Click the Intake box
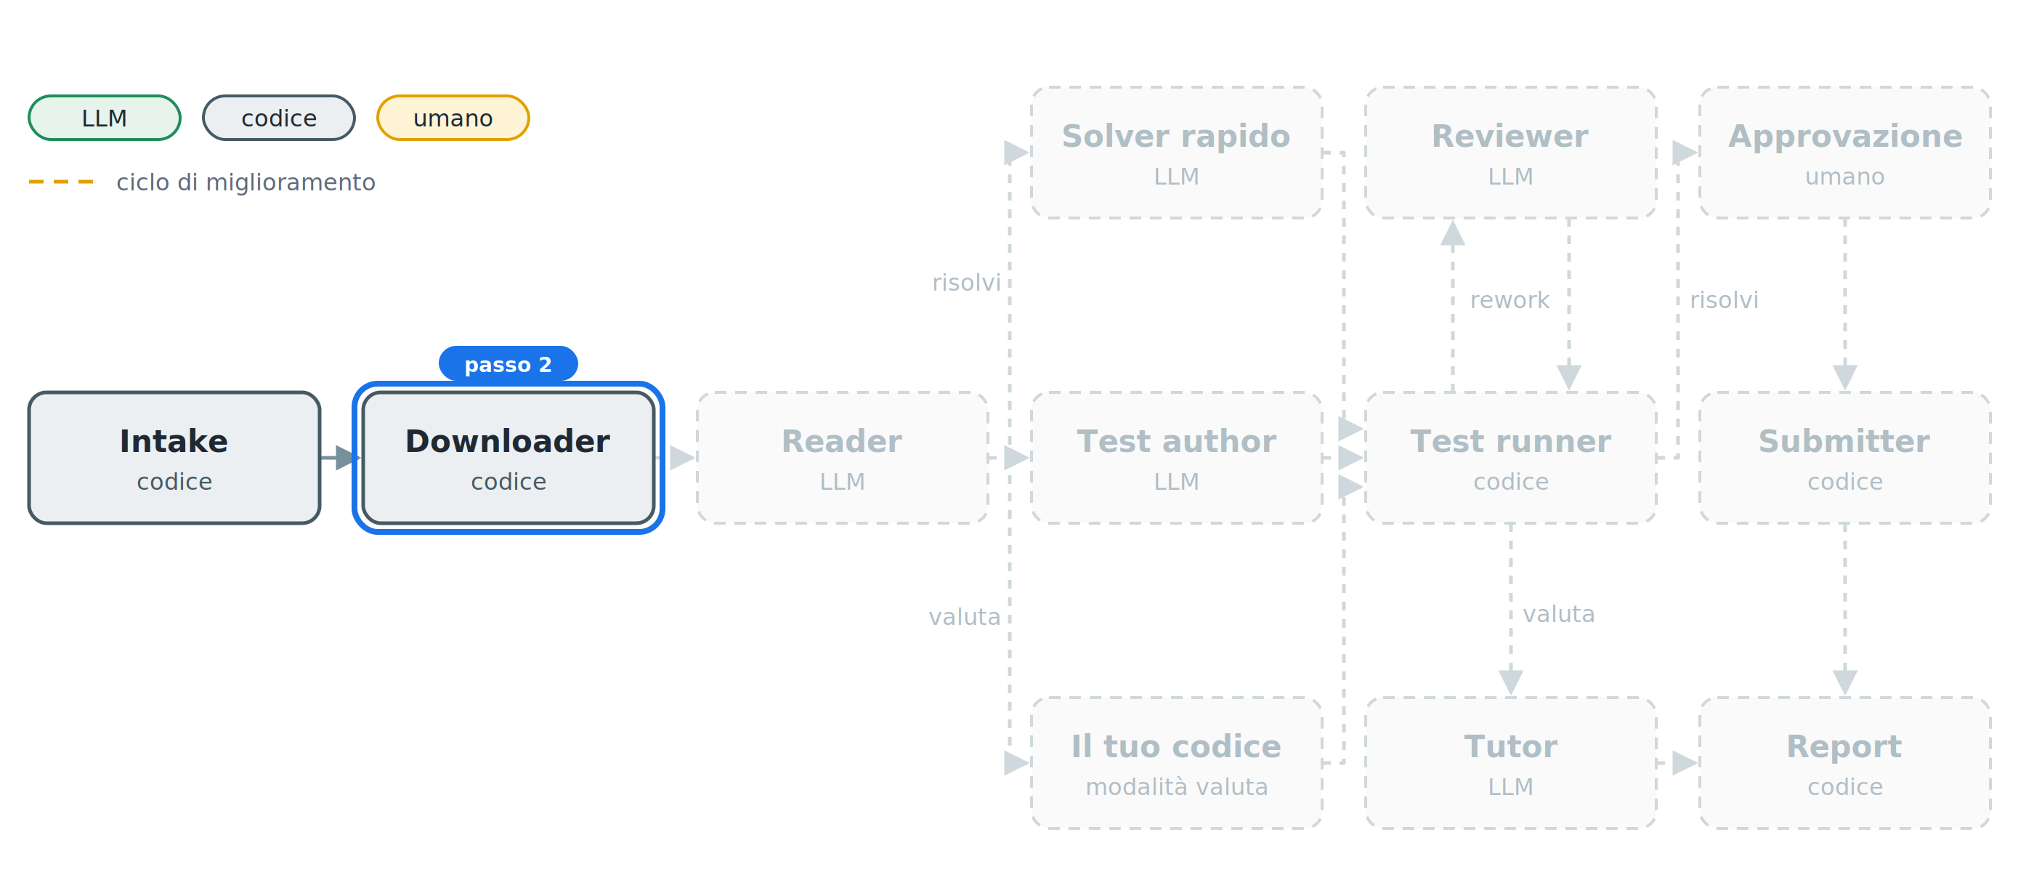[x=174, y=457]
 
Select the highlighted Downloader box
[x=508, y=457]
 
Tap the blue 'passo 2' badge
[x=508, y=364]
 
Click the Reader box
[x=842, y=457]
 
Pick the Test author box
[x=1177, y=457]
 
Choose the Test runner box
[x=1510, y=457]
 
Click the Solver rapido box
[x=1177, y=153]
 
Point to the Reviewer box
[x=1510, y=153]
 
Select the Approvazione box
[x=1844, y=153]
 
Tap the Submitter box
[x=1844, y=457]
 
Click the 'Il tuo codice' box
[x=1177, y=763]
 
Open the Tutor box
[x=1510, y=763]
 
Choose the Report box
[x=1844, y=763]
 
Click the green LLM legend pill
[x=104, y=118]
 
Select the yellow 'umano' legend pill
[x=453, y=118]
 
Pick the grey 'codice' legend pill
[x=279, y=118]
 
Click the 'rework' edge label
[x=1510, y=300]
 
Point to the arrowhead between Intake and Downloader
[x=348, y=457]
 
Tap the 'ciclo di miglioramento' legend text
[x=246, y=182]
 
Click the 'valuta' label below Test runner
[x=1559, y=614]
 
